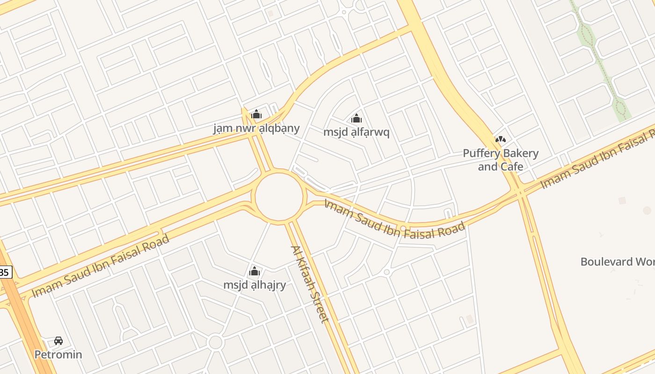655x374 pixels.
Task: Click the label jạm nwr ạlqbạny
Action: click(256, 128)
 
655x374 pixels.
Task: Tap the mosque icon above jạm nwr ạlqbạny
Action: click(256, 114)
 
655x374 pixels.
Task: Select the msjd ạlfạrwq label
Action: click(357, 132)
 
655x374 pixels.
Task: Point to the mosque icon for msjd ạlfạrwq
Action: click(357, 118)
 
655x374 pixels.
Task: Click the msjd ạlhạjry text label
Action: click(255, 285)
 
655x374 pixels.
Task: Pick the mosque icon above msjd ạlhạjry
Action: click(255, 271)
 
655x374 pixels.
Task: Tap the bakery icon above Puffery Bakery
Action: click(500, 139)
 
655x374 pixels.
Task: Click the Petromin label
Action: click(58, 354)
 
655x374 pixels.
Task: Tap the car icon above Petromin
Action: click(58, 341)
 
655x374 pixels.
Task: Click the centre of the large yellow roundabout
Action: click(279, 197)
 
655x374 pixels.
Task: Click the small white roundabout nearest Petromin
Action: click(216, 342)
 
